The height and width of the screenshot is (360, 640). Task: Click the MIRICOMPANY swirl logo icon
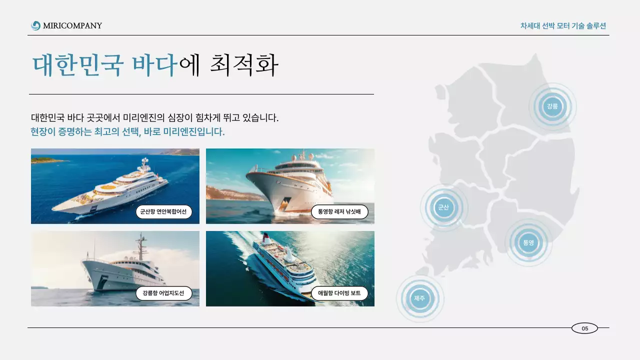point(35,25)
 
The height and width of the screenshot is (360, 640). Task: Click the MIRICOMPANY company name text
point(72,25)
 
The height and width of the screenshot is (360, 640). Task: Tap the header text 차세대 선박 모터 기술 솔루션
point(563,26)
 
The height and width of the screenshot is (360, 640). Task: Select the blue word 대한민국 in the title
point(77,65)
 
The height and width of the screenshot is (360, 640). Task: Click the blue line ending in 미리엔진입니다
point(127,132)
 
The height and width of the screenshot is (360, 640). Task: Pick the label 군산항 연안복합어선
point(163,212)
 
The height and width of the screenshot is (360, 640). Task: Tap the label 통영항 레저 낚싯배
point(339,212)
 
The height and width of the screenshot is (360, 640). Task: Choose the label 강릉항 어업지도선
point(163,293)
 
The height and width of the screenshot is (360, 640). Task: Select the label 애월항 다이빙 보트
point(339,293)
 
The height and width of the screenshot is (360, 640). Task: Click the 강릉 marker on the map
point(552,106)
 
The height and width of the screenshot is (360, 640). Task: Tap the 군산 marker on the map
point(443,207)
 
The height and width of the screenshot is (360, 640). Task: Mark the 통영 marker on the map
point(528,242)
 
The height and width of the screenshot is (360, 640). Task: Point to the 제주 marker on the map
point(419,298)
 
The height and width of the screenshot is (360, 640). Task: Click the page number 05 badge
point(584,328)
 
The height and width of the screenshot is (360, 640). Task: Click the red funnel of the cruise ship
point(266,236)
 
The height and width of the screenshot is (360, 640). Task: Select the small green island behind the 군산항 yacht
point(47,160)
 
